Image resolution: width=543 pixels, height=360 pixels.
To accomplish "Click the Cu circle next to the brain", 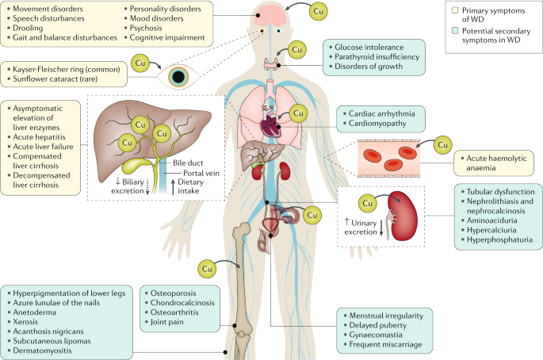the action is tap(318, 11).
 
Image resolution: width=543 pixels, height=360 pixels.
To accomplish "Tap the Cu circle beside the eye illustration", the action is tap(140, 63).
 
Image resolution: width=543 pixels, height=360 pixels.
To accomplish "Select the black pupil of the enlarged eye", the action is tap(178, 77).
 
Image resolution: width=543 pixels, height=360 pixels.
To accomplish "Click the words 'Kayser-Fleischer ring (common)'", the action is tap(67, 69).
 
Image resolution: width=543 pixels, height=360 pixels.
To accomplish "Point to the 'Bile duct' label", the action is tap(188, 163).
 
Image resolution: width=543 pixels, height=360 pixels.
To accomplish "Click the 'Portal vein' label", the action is tap(201, 173).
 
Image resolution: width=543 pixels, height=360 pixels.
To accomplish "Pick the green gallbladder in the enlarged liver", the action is tap(136, 167).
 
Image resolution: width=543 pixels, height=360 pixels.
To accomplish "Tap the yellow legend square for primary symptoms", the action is tap(455, 10).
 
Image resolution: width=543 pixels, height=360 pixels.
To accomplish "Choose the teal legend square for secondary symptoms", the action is tap(455, 30).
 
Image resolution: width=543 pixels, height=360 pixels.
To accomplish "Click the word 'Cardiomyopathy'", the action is tap(377, 124).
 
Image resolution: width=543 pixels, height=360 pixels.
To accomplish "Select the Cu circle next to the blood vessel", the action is tap(442, 145).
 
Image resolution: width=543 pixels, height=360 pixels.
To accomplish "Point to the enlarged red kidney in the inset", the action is tap(403, 216).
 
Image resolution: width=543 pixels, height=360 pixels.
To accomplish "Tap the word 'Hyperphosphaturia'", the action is tap(499, 239).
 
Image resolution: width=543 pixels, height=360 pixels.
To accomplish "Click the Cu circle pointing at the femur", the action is tap(207, 269).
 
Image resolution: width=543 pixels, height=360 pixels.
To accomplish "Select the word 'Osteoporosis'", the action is tap(173, 293).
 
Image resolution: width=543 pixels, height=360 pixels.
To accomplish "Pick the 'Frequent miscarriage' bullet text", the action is tap(385, 344).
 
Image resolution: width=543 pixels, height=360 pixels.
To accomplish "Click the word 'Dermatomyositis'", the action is tap(42, 350).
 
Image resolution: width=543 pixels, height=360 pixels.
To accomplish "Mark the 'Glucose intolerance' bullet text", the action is tap(369, 47).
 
